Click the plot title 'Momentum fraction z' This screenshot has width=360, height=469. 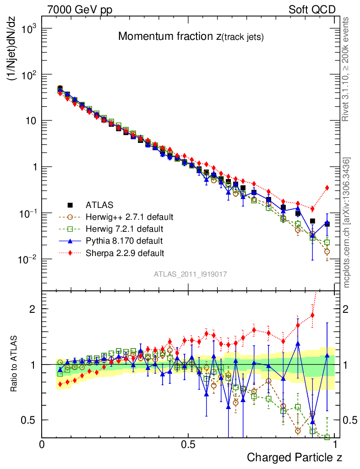point(191,37)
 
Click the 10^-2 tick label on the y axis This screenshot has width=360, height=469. point(27,259)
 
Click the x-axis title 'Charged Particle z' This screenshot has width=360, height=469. point(295,457)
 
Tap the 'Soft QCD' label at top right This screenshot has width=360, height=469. point(312,9)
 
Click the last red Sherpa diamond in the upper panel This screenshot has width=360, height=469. point(327,187)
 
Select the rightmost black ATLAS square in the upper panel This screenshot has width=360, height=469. point(327,224)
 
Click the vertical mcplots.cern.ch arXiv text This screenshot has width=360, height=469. point(347,223)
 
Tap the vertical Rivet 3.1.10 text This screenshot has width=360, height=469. point(347,69)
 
